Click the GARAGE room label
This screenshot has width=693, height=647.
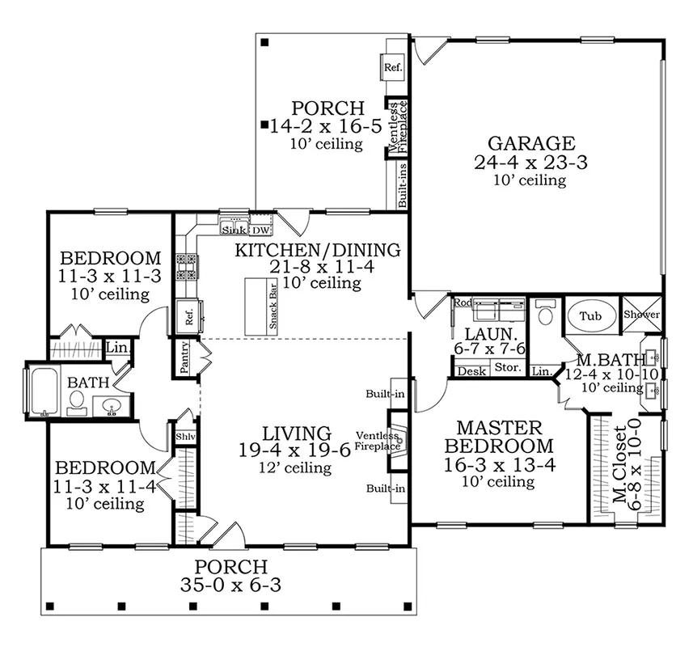tap(531, 144)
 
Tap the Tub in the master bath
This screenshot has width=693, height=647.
tap(591, 316)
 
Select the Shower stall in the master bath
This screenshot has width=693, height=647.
tap(642, 315)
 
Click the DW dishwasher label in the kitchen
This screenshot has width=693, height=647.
tap(260, 230)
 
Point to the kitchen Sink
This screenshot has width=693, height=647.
tap(234, 226)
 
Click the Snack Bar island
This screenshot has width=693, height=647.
tap(261, 307)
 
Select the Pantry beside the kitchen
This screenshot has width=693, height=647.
tap(185, 357)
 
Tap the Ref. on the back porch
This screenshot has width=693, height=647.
tap(392, 68)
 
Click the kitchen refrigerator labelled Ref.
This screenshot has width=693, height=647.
tap(189, 316)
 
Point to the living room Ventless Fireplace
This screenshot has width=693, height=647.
tap(396, 440)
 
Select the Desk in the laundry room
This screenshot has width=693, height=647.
tap(471, 371)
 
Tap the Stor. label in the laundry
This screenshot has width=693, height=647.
tap(507, 367)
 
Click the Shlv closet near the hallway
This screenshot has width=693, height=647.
tap(185, 437)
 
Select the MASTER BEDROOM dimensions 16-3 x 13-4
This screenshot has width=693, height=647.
tap(500, 465)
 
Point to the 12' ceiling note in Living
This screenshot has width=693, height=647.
tap(295, 467)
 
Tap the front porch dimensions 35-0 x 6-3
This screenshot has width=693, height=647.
tap(230, 585)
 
